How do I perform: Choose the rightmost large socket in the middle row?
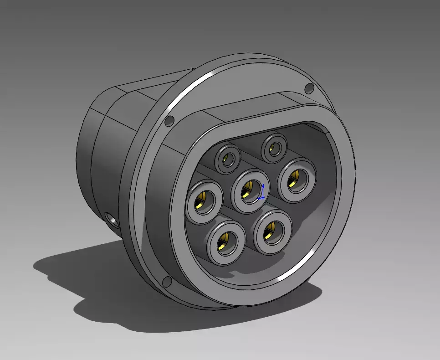[297, 177]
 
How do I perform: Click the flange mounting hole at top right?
[309, 88]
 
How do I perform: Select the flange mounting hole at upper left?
[169, 121]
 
